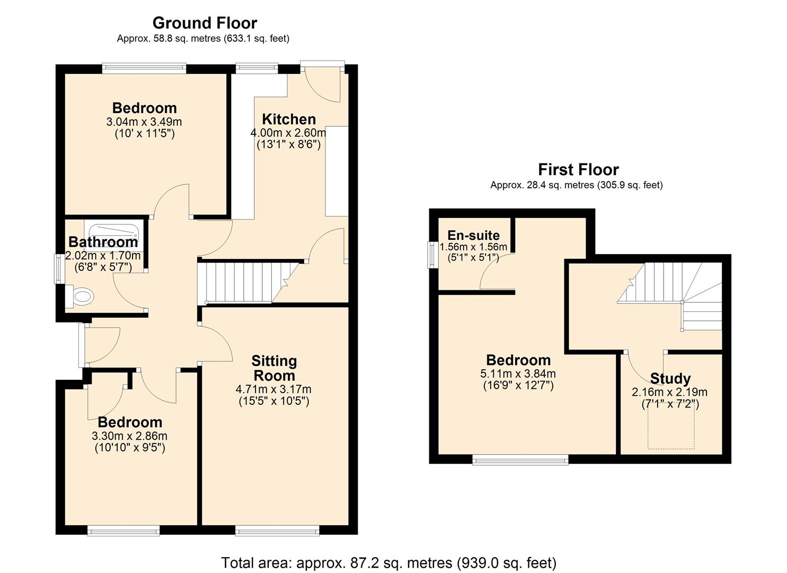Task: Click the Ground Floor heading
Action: click(205, 23)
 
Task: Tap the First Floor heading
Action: click(578, 170)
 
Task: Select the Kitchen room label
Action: click(289, 119)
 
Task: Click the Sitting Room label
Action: click(274, 368)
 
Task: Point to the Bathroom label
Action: click(103, 242)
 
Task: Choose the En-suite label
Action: click(473, 236)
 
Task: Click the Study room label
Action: click(670, 379)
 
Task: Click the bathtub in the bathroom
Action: click(114, 232)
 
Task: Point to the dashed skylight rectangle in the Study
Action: click(671, 429)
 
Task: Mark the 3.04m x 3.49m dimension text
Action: click(144, 121)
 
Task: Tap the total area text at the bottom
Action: click(388, 562)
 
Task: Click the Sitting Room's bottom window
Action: click(277, 529)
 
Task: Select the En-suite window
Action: click(433, 255)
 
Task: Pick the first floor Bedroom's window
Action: click(520, 459)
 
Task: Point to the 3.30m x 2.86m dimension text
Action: click(130, 436)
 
